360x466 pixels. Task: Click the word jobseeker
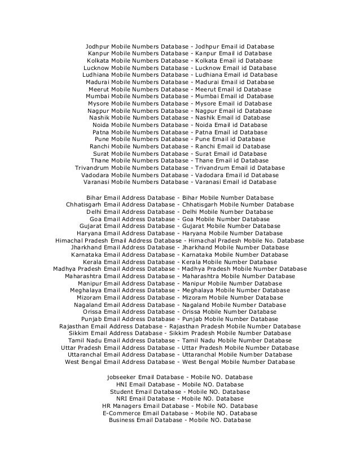[122, 377]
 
